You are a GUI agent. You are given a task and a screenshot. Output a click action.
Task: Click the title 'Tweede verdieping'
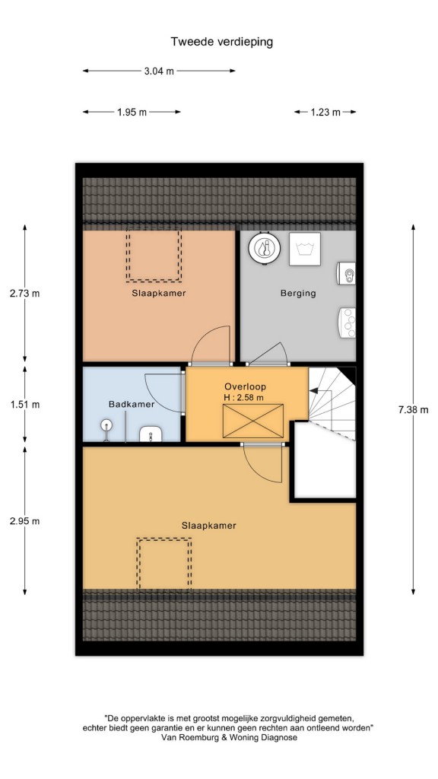pos(222,42)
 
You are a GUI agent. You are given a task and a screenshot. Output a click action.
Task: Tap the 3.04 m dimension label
pos(159,71)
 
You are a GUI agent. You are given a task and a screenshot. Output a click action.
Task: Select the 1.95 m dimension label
pos(132,113)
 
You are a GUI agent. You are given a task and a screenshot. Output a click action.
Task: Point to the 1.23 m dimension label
pos(325,113)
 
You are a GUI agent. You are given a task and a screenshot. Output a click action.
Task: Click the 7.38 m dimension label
pos(413,410)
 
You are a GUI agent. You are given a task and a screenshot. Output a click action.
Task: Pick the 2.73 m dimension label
pos(25,293)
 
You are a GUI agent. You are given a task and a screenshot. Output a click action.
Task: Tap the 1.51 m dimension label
pos(25,405)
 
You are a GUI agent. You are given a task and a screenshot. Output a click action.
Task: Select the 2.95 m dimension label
pos(25,521)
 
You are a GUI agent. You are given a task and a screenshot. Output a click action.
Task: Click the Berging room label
pos(298,293)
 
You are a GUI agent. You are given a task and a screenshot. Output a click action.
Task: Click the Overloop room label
pos(246,386)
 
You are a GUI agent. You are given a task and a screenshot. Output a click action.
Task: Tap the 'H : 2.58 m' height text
pos(244,397)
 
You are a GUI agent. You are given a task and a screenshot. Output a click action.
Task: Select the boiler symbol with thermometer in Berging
pos(264,247)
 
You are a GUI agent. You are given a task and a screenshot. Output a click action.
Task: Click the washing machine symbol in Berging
pos(305,249)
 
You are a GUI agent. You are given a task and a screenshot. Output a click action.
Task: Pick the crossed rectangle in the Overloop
pos(253,421)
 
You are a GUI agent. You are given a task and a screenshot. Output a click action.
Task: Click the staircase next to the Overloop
pos(332,403)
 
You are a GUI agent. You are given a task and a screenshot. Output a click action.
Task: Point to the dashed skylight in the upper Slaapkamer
pos(154,254)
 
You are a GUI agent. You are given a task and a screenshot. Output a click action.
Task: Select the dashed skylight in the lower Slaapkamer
pos(164,564)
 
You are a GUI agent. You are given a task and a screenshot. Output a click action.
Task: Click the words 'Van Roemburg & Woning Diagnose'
pos(230,737)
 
